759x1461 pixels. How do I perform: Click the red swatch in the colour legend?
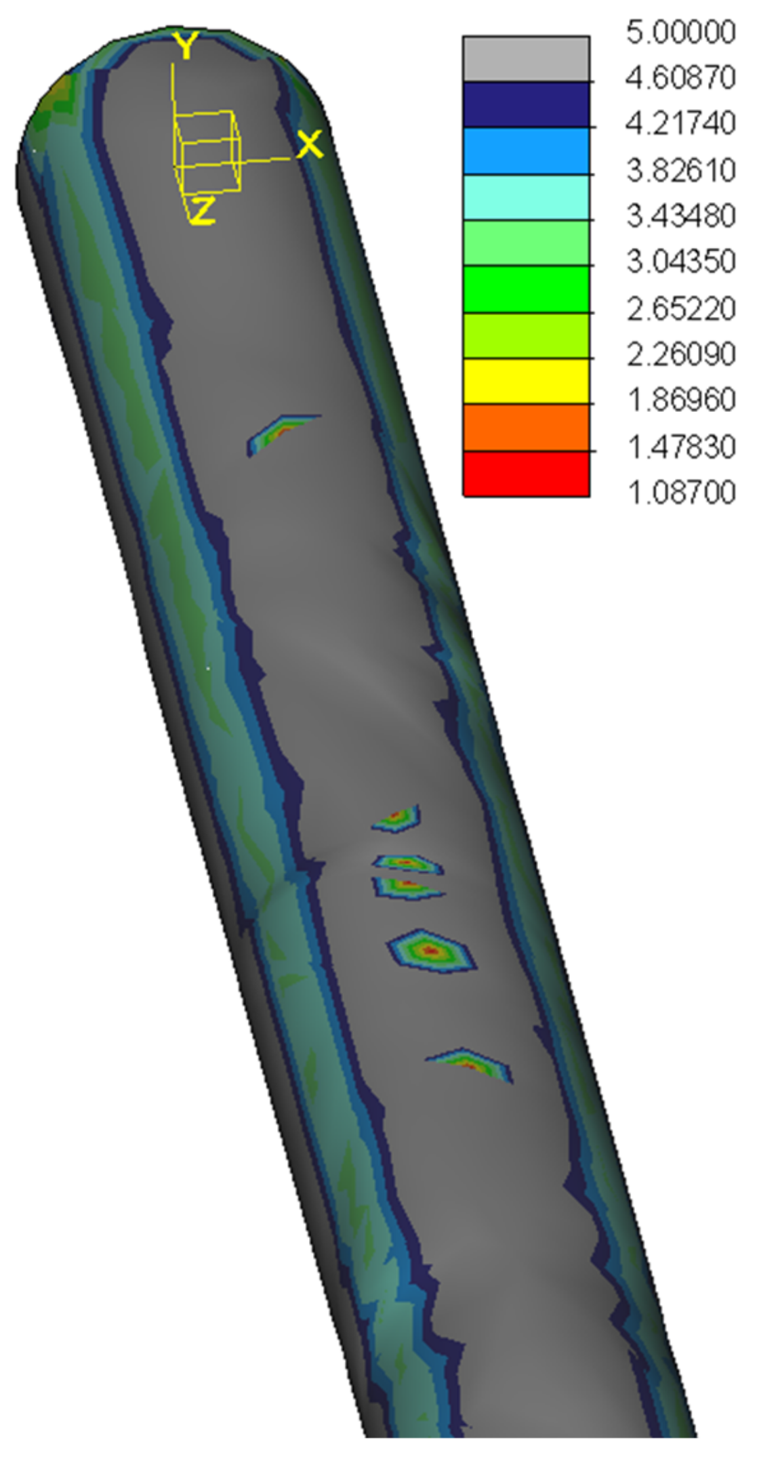pos(526,474)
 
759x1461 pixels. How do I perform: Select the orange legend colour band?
pos(526,428)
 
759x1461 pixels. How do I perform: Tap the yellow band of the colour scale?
pos(526,382)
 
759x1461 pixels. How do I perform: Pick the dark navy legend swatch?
pos(526,105)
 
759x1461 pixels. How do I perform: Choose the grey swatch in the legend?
pos(526,59)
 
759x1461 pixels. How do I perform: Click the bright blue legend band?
pos(526,151)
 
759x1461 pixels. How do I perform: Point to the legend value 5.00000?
pos(680,33)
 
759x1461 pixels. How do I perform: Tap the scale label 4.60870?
pos(680,79)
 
